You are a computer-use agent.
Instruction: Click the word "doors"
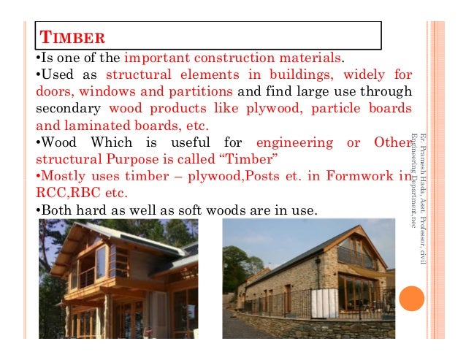click(54, 92)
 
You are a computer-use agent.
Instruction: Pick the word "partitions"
click(202, 92)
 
